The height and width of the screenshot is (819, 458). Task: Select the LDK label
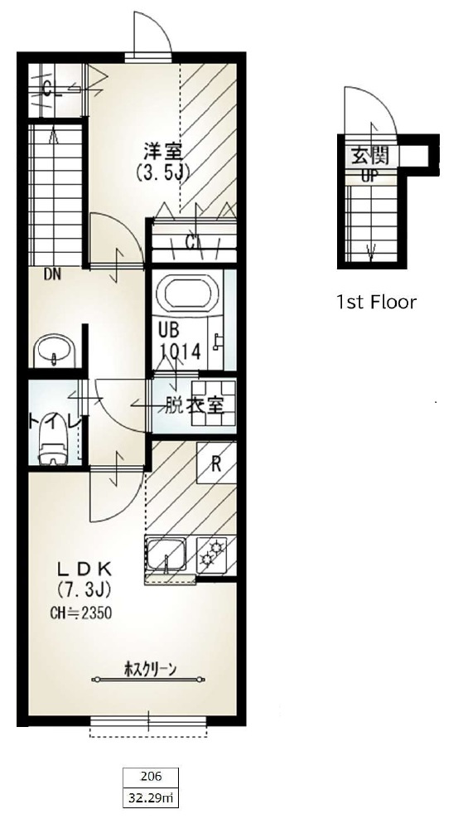tap(84, 569)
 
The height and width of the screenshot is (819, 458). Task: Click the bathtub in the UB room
tap(190, 295)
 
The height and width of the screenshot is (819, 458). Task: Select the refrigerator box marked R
tap(215, 464)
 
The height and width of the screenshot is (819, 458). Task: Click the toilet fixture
tap(52, 448)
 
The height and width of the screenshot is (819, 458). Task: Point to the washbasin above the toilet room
tap(55, 352)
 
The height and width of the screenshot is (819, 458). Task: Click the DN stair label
tap(53, 273)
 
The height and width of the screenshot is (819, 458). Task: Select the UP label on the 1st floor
tap(369, 176)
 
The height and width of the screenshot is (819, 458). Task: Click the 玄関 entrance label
tap(369, 155)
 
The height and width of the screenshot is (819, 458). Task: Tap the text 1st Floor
tap(375, 302)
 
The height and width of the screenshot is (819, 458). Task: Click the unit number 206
tap(151, 777)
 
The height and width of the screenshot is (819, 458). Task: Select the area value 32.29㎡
tap(151, 798)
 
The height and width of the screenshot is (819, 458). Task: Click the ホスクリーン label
tap(151, 670)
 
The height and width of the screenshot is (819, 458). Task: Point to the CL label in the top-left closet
tap(51, 90)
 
